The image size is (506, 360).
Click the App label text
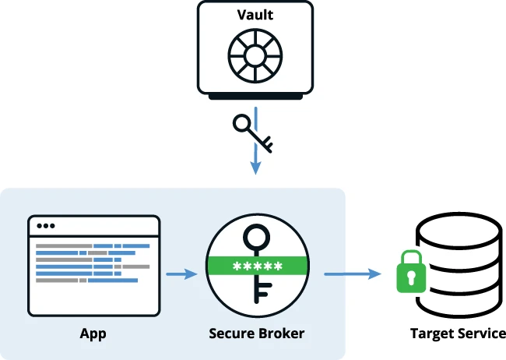(93, 334)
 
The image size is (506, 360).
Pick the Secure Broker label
(256, 334)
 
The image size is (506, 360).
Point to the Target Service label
(458, 334)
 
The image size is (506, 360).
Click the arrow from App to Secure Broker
(181, 274)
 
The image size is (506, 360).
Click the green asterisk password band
(256, 266)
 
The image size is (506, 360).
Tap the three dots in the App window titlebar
(46, 226)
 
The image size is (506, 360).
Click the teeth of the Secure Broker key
(263, 292)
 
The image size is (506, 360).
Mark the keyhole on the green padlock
(409, 277)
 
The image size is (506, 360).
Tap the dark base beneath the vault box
(255, 97)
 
